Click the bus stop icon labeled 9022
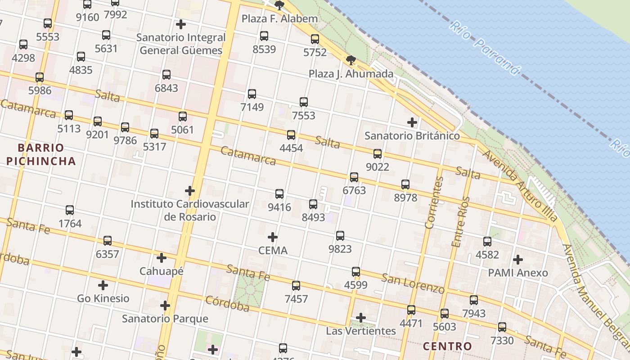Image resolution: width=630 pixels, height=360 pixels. point(378,154)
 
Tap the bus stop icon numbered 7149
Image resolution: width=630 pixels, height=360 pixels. point(252,94)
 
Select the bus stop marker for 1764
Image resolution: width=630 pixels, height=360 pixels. point(70,210)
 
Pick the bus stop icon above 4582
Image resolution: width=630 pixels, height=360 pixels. point(487,242)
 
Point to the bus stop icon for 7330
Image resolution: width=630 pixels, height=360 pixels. point(502,327)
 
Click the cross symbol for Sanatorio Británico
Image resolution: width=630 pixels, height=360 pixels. point(412,122)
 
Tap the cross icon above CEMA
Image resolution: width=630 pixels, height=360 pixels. point(273,237)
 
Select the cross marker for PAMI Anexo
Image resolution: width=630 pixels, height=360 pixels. point(518,260)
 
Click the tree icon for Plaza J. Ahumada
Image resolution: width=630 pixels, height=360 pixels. point(351,60)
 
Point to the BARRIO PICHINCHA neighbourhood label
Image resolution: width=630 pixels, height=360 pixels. point(41,154)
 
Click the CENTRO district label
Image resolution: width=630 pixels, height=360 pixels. point(447,346)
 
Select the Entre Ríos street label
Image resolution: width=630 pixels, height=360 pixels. point(460,221)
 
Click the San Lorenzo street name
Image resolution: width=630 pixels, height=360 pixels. point(413,283)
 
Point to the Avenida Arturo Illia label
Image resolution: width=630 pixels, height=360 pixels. point(520,185)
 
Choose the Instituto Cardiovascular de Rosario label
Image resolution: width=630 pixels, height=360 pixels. point(189,210)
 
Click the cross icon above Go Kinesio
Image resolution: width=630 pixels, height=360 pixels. point(103,285)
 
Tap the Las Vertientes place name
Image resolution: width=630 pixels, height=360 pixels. point(361,331)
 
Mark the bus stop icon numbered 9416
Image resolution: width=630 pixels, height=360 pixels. point(279,194)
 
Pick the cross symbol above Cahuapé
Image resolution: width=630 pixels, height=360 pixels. point(162,258)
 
